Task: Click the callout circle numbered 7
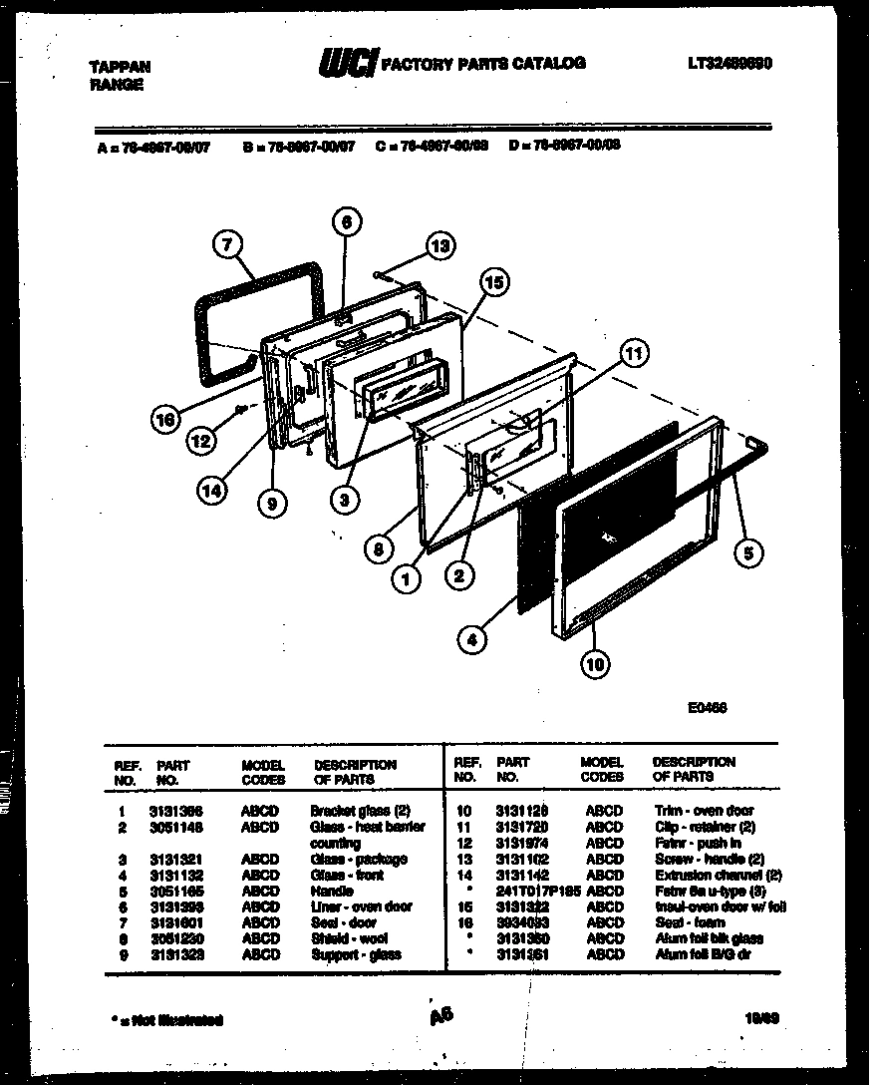228,244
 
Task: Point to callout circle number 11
633,352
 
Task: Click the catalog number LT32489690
730,64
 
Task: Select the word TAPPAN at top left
121,67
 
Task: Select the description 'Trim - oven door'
704,811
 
